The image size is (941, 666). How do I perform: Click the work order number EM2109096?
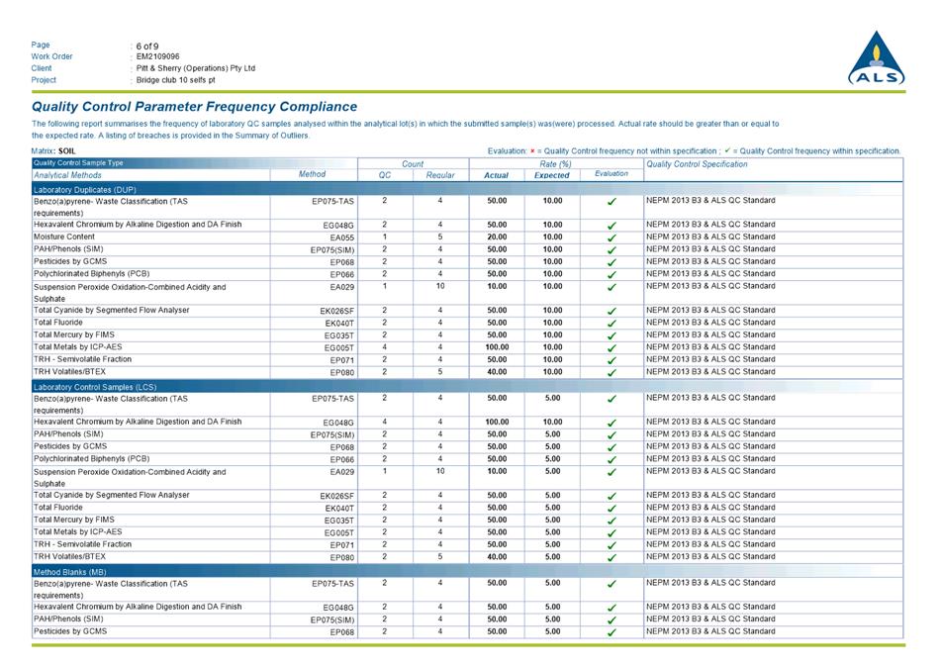[158, 56]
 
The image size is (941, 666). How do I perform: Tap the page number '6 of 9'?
[147, 46]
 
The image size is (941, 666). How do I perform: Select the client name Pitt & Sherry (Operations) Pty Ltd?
[196, 68]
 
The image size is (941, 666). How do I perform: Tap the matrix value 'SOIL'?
[67, 150]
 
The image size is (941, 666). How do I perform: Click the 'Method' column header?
[312, 174]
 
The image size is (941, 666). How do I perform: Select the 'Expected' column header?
[551, 175]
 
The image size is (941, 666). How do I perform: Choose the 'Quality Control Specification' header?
[697, 163]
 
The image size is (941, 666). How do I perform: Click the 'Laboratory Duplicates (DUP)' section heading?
[85, 188]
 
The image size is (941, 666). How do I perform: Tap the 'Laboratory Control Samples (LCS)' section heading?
[95, 385]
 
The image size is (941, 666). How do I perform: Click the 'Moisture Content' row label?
[66, 238]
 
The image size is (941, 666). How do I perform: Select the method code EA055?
[341, 238]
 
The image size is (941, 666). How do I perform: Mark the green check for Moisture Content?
[612, 238]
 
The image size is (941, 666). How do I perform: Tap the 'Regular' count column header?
[440, 175]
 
